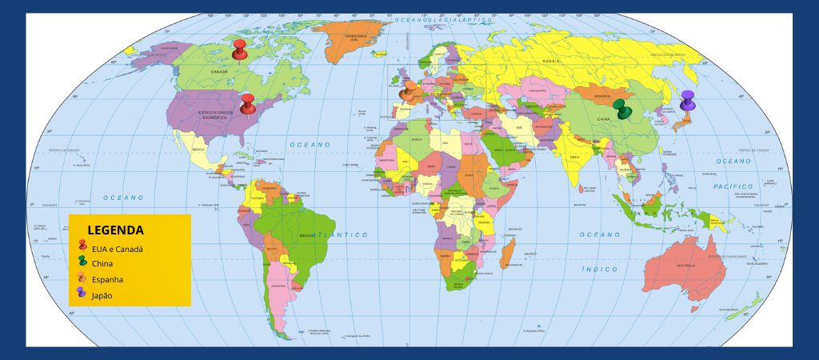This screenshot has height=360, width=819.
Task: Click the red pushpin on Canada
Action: pos(239,50)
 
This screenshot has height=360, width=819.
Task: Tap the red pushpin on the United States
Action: pos(248,103)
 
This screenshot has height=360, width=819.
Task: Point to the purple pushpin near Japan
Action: pos(687,101)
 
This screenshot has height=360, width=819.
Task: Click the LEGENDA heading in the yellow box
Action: pos(116,230)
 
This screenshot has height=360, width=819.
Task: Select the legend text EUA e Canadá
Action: pos(118,249)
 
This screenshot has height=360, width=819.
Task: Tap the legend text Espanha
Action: pos(108,280)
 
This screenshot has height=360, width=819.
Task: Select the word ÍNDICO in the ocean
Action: pos(599,270)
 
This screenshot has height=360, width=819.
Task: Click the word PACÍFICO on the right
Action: pos(733,186)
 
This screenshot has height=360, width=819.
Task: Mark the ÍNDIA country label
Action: pos(574,158)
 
